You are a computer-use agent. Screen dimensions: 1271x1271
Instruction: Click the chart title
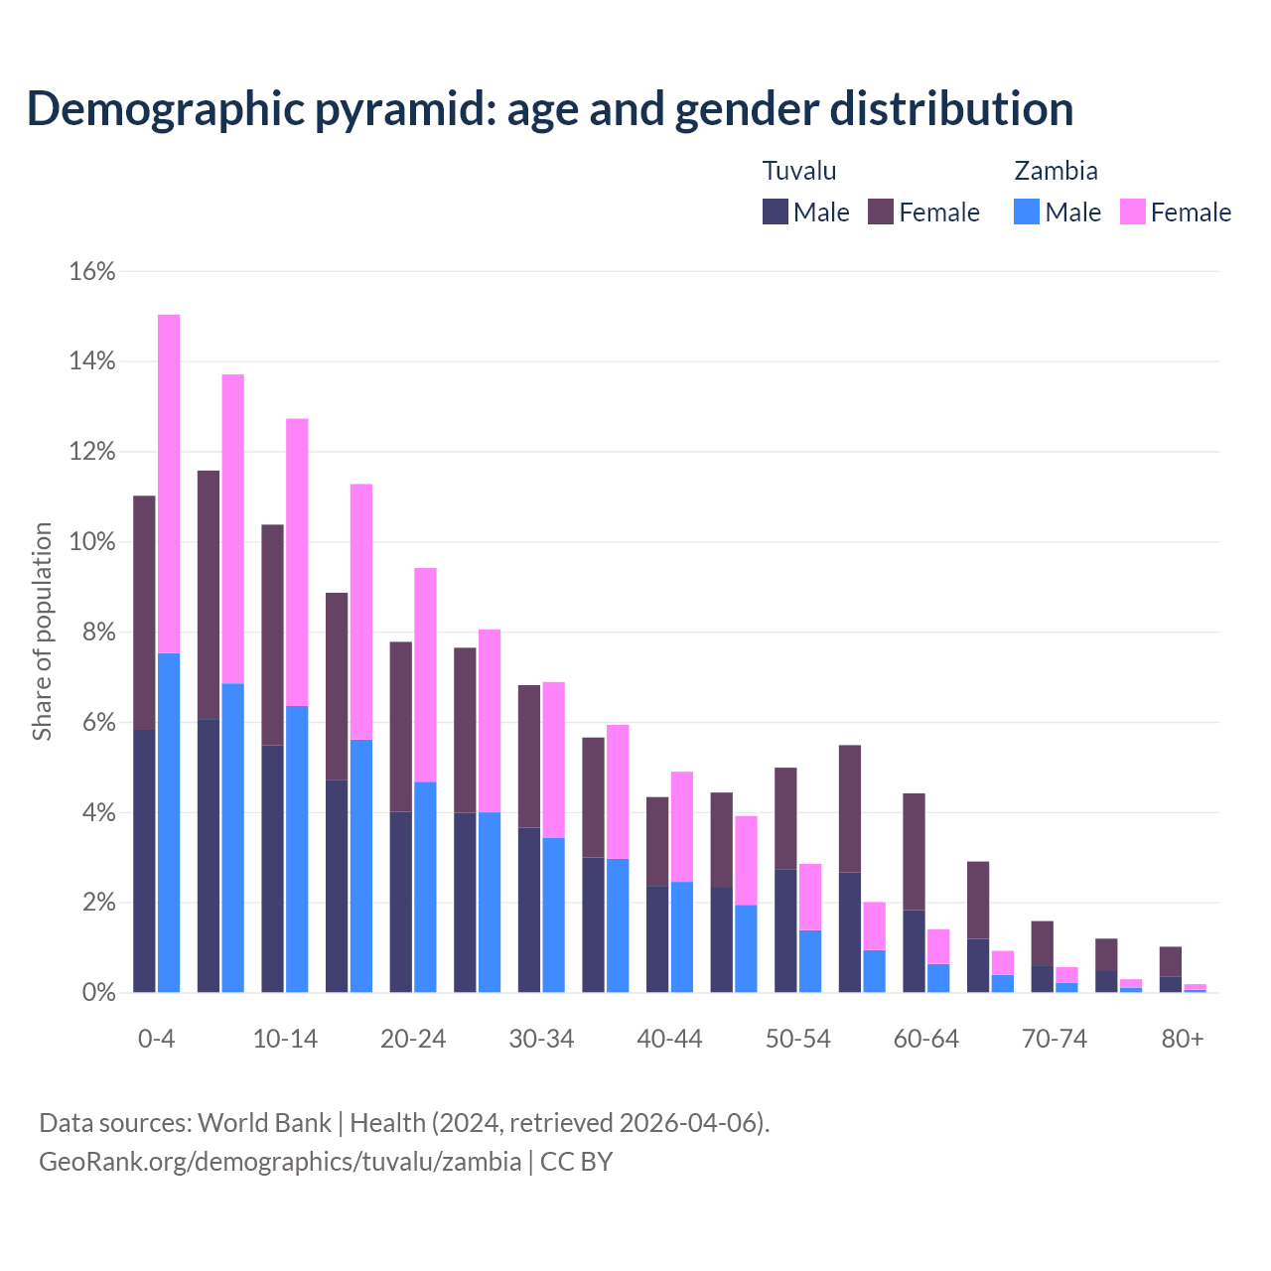[x=550, y=108]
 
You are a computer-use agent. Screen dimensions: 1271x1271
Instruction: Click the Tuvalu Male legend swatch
[x=776, y=212]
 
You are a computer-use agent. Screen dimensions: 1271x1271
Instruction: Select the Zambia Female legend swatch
[x=1133, y=212]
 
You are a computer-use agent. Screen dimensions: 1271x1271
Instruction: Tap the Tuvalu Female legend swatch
[x=881, y=212]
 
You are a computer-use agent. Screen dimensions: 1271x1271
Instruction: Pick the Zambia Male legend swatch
[x=1027, y=212]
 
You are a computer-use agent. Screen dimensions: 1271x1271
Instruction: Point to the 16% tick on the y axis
[x=92, y=271]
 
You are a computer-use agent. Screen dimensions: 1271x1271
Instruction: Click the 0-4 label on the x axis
[x=157, y=1039]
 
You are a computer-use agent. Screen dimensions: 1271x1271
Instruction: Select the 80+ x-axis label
[x=1183, y=1039]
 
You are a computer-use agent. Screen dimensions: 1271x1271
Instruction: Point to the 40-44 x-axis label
[x=669, y=1039]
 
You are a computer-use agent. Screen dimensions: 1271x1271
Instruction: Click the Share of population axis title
[x=42, y=632]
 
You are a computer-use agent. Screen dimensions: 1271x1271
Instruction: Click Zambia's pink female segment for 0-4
[x=169, y=484]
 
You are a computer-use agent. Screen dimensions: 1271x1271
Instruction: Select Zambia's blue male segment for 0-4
[x=169, y=822]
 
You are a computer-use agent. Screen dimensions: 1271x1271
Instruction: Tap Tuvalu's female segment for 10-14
[x=272, y=635]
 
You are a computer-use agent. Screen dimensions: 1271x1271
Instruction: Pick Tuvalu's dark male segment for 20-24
[x=400, y=902]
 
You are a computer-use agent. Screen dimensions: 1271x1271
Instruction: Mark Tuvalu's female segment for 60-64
[x=914, y=851]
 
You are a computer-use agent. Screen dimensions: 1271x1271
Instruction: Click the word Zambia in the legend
[x=1056, y=171]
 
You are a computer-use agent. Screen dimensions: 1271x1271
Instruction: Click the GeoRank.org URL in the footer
[x=280, y=1161]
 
